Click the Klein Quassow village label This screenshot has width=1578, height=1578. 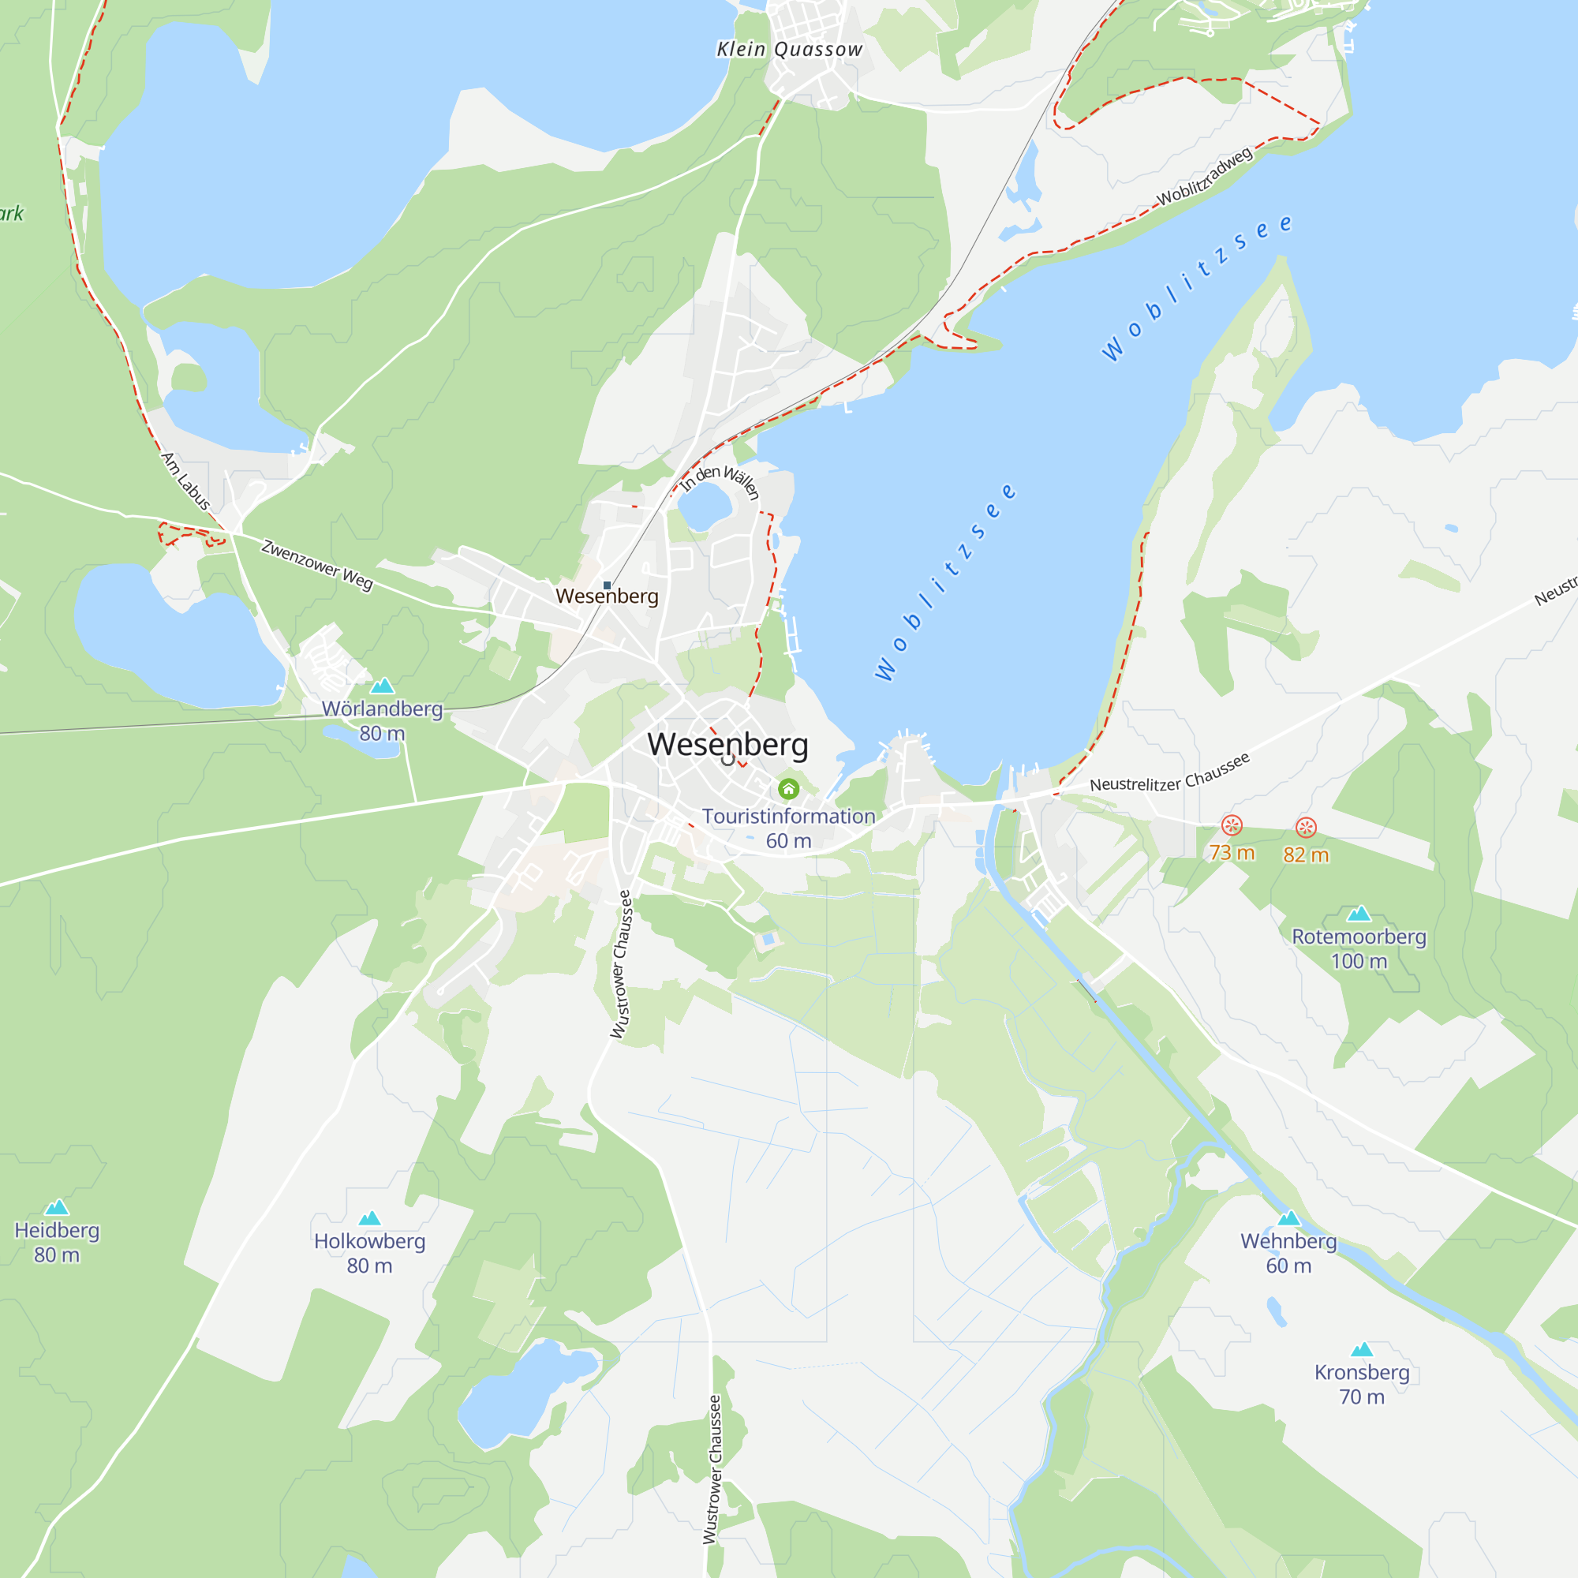(789, 50)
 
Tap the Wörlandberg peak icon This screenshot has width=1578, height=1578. (382, 686)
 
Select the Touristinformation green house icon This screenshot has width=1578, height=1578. (788, 789)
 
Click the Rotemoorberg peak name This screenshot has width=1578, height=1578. (1359, 937)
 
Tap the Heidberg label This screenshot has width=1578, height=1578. (57, 1230)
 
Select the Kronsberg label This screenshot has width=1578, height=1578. (1362, 1372)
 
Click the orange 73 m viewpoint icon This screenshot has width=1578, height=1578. (1232, 825)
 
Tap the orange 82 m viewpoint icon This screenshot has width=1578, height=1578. (1306, 828)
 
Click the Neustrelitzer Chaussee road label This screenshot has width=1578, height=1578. (1169, 773)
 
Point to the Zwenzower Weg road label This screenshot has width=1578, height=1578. (317, 564)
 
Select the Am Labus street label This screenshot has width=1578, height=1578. (186, 482)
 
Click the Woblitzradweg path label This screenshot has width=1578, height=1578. (1204, 178)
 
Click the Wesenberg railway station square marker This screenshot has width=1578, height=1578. (607, 585)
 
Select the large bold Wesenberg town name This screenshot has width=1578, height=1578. (727, 744)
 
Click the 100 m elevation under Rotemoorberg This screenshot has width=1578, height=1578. (1359, 961)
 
